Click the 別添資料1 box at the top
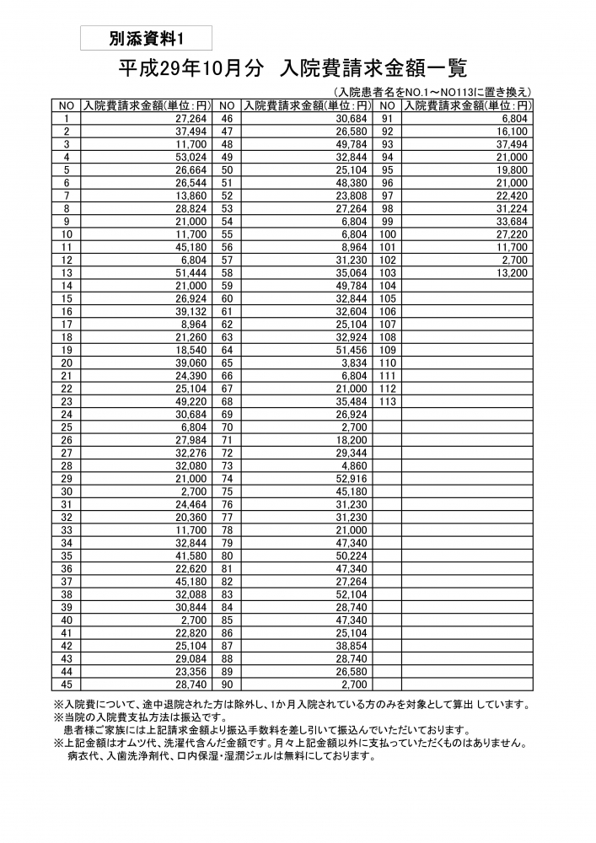[x=146, y=39]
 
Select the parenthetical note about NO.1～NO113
[x=432, y=92]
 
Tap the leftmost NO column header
[x=67, y=106]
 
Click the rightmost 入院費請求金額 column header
[x=468, y=106]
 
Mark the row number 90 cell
[x=227, y=684]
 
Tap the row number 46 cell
[x=227, y=119]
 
